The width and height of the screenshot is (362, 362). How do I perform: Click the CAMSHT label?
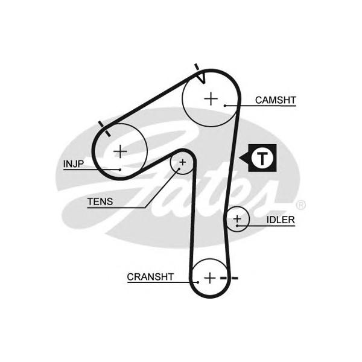click(x=275, y=100)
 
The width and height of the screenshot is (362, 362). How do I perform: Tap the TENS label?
click(x=100, y=202)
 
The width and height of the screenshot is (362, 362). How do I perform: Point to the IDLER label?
click(x=280, y=220)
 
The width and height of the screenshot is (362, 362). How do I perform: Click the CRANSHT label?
click(x=150, y=277)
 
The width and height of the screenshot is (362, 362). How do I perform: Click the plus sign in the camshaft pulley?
click(x=210, y=98)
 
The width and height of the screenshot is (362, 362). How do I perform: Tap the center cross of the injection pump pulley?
click(x=121, y=150)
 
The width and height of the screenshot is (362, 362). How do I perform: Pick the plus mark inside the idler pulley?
click(x=237, y=218)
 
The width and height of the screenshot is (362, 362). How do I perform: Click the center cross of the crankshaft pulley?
click(x=209, y=278)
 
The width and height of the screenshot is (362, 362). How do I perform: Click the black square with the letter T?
click(x=262, y=158)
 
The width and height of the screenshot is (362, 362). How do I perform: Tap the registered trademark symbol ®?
click(x=302, y=205)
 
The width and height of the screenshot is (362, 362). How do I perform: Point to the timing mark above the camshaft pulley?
click(x=197, y=68)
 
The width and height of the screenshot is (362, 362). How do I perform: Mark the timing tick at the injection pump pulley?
click(x=104, y=127)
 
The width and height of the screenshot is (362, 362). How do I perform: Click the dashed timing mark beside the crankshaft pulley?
click(x=230, y=278)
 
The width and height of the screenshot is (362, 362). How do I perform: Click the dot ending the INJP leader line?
click(x=120, y=170)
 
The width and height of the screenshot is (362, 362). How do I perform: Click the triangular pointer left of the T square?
click(x=245, y=158)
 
